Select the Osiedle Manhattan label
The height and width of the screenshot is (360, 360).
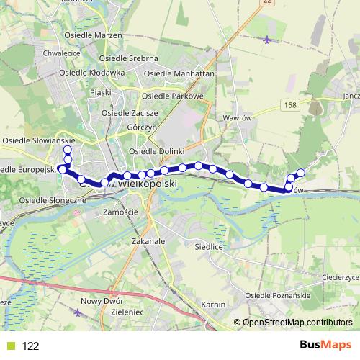pyautogui.click(x=179, y=73)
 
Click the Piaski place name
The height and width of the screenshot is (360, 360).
pyautogui.click(x=100, y=92)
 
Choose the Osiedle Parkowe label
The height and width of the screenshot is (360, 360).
pyautogui.click(x=174, y=96)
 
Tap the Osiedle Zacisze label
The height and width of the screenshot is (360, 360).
pyautogui.click(x=130, y=112)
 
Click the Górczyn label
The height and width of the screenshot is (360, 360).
pyautogui.click(x=142, y=127)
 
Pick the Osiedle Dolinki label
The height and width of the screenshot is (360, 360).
pyautogui.click(x=156, y=151)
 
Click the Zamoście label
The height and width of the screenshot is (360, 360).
pyautogui.click(x=120, y=212)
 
